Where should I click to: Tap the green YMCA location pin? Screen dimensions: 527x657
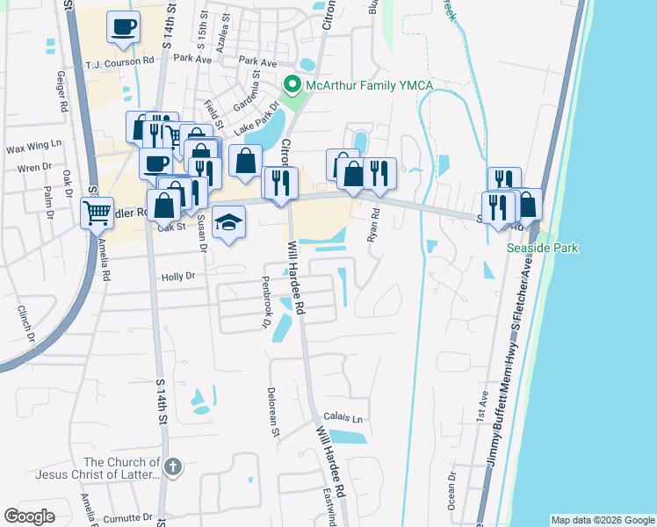292,85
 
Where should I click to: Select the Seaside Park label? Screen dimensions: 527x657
543,249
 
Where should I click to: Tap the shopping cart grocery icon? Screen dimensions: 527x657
97,212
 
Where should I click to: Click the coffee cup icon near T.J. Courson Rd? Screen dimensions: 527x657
123,25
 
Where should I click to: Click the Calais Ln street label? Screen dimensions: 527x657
343,418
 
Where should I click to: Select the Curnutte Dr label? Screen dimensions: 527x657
127,518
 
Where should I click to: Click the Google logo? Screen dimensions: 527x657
30,516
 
